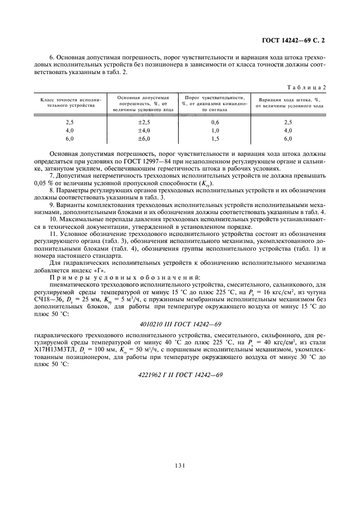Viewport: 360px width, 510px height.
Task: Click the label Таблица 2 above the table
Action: click(x=312, y=87)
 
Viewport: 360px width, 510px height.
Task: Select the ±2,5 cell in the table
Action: click(x=143, y=123)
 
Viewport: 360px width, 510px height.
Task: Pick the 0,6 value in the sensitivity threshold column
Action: click(x=215, y=123)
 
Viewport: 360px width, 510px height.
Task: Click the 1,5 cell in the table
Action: click(x=215, y=139)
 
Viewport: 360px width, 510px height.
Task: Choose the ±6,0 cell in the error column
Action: click(x=143, y=139)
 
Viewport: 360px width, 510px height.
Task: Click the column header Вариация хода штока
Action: click(x=288, y=103)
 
